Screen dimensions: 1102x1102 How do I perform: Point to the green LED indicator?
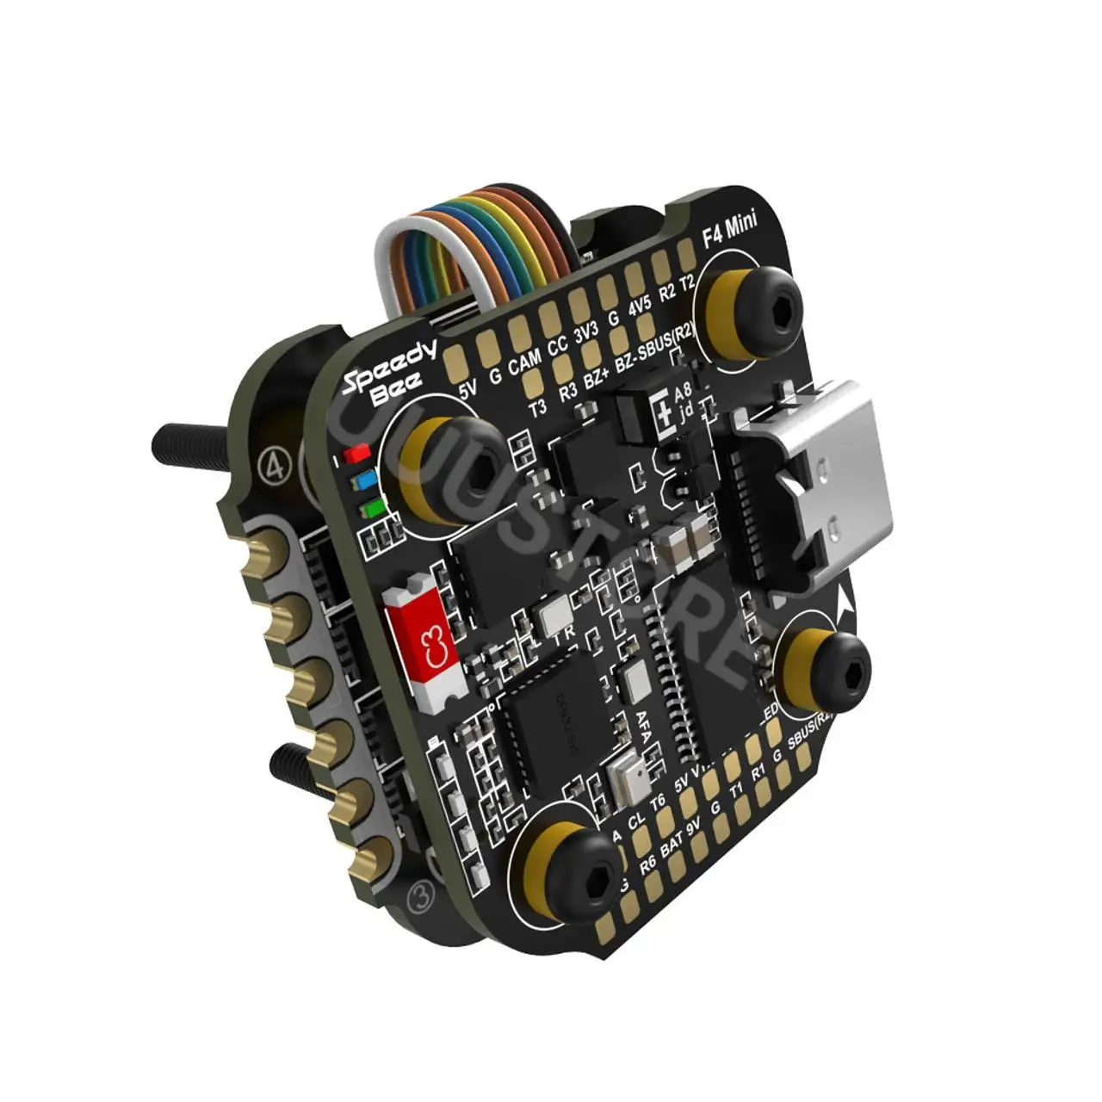(371, 509)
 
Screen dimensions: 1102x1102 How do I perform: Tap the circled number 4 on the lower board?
(276, 466)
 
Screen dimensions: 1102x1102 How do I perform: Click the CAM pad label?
(523, 360)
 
